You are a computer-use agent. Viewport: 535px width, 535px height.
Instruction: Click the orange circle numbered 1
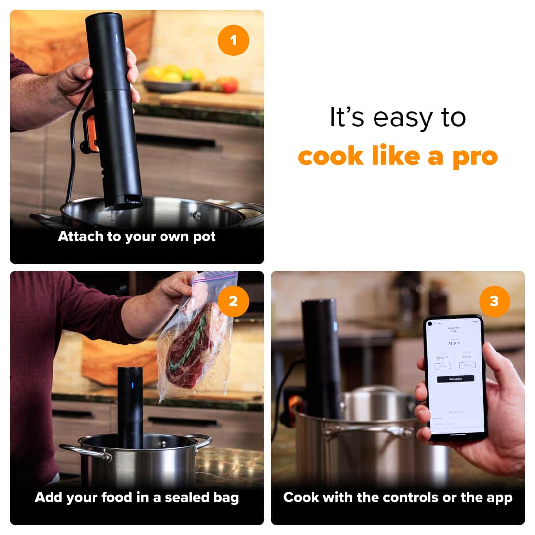(x=233, y=40)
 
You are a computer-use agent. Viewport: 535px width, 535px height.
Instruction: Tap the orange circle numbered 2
(x=233, y=301)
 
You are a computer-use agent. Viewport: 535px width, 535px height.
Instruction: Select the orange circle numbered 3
(x=494, y=301)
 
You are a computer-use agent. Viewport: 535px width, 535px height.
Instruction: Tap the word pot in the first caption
(x=204, y=237)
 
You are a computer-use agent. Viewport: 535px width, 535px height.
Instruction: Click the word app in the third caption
(x=498, y=497)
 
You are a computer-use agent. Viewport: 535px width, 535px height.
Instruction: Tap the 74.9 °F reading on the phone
(x=454, y=343)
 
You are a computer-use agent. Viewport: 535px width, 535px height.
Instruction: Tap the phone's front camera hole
(x=429, y=324)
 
